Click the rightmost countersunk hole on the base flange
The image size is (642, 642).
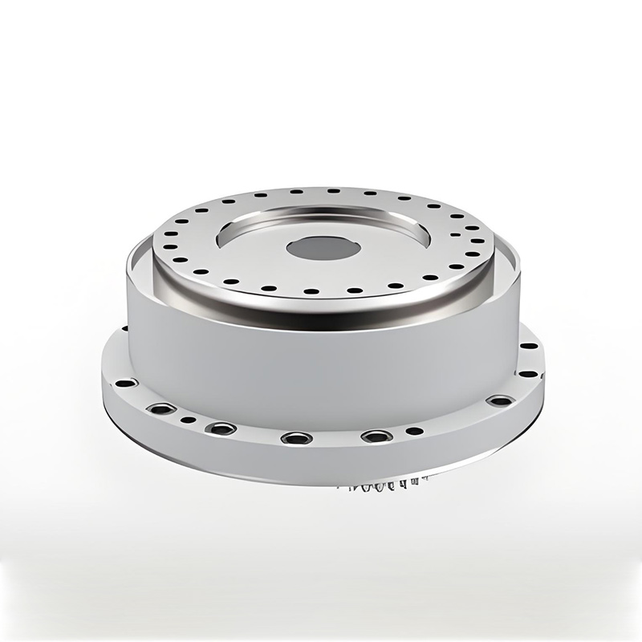499,400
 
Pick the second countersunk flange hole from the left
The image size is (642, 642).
219,429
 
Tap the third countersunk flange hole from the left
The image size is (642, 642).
296,438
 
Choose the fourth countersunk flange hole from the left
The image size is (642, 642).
373,437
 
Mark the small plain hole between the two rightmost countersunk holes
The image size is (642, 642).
414,431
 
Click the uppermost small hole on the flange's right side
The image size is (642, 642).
530,347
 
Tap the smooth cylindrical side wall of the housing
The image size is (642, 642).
321,361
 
